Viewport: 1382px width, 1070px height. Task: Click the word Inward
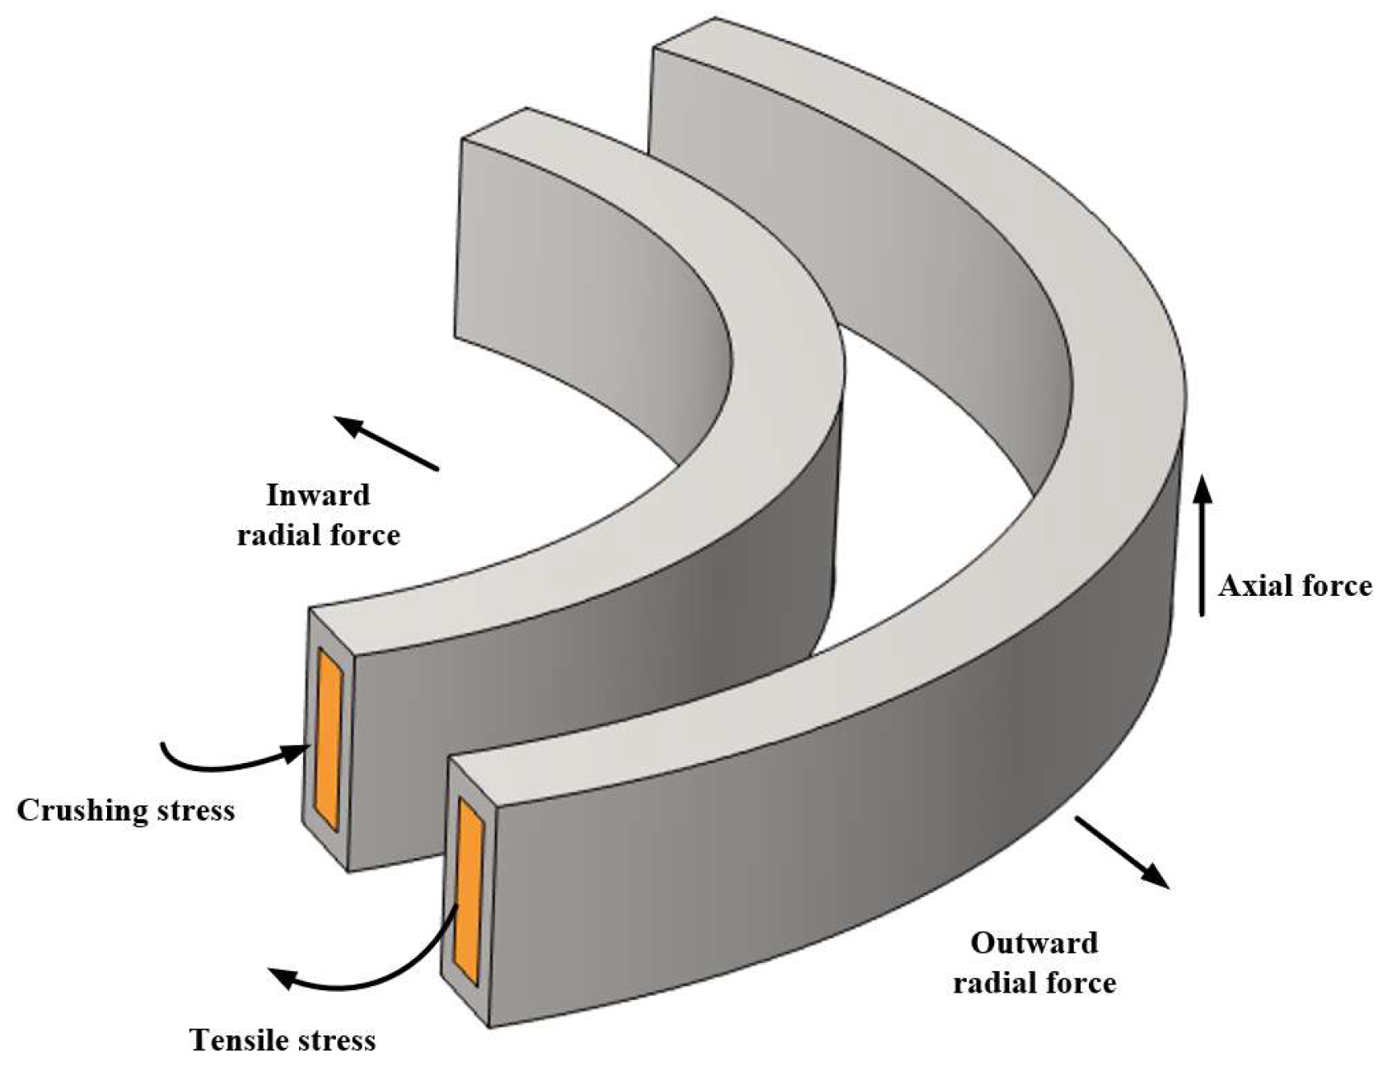coord(318,495)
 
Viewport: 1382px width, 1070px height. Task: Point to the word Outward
coord(1034,942)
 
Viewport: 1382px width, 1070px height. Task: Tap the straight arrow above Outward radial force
coord(1121,852)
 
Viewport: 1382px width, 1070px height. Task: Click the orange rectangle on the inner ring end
coord(330,738)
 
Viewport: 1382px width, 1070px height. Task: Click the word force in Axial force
coord(1334,586)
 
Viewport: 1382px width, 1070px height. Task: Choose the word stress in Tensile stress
coord(338,1040)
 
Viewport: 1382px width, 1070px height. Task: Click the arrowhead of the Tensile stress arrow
coord(284,977)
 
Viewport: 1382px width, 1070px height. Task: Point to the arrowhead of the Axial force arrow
coord(1203,486)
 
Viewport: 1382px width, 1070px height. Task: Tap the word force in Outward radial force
coord(1080,983)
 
